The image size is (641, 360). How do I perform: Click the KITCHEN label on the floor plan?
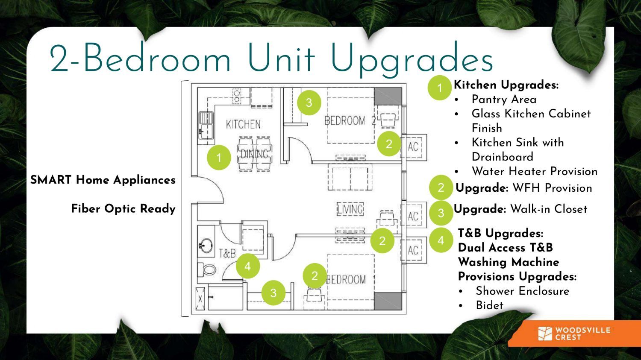(243, 124)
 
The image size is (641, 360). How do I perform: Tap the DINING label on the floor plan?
(254, 154)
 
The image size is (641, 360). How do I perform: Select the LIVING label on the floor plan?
(350, 209)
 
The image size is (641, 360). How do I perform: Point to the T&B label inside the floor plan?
(227, 253)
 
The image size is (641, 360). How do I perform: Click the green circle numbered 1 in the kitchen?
(219, 158)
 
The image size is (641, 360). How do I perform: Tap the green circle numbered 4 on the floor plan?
(248, 266)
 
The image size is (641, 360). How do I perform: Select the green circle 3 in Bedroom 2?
(309, 102)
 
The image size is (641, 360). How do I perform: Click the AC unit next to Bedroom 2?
(413, 146)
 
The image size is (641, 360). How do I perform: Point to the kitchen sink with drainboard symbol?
(206, 126)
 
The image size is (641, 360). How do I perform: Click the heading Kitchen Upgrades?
(506, 85)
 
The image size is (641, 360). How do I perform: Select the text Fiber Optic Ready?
(123, 209)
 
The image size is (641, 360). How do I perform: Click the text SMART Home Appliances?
(103, 180)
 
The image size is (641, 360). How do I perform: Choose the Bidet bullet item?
(489, 305)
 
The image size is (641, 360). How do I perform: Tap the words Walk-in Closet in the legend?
(549, 209)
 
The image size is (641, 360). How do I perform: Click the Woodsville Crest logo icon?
(545, 334)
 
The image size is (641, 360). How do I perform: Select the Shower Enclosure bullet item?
(523, 291)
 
